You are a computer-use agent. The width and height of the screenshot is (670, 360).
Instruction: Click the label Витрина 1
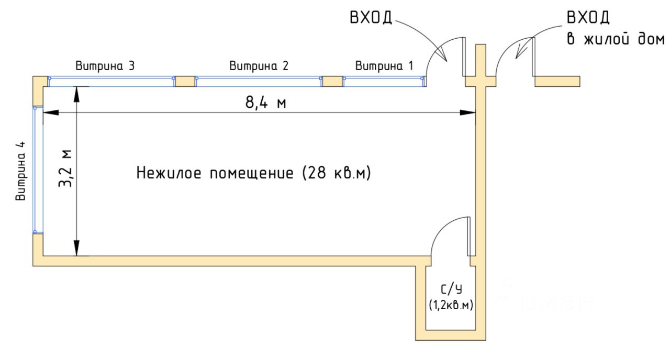pyautogui.click(x=384, y=66)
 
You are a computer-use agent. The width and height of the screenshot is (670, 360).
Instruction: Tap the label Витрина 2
pyautogui.click(x=259, y=66)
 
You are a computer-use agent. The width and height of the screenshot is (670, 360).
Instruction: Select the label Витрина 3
pyautogui.click(x=105, y=66)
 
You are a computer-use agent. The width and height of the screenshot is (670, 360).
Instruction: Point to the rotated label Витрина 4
pyautogui.click(x=20, y=171)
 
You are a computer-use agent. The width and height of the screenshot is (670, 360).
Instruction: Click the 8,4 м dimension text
pyautogui.click(x=265, y=103)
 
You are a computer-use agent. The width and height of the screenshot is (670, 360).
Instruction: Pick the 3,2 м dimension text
pyautogui.click(x=65, y=168)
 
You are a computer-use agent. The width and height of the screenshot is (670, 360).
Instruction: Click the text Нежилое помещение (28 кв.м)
pyautogui.click(x=254, y=173)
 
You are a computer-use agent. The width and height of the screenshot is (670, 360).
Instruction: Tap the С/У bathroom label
pyautogui.click(x=451, y=289)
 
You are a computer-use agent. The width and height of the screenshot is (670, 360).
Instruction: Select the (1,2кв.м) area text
pyautogui.click(x=451, y=305)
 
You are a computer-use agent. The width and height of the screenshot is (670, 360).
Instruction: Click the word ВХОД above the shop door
pyautogui.click(x=371, y=18)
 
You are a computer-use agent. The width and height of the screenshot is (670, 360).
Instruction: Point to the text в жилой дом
pyautogui.click(x=615, y=39)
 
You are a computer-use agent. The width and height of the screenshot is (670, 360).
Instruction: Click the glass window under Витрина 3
pyautogui.click(x=111, y=82)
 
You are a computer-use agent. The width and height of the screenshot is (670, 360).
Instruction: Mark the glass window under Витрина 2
pyautogui.click(x=259, y=82)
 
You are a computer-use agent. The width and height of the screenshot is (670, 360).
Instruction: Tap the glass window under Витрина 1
pyautogui.click(x=384, y=82)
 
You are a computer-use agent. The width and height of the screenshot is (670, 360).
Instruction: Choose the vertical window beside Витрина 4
pyautogui.click(x=38, y=170)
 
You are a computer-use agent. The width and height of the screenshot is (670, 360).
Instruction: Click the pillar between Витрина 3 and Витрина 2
pyautogui.click(x=185, y=82)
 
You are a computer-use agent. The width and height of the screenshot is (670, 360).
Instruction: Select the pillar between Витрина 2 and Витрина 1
pyautogui.click(x=332, y=82)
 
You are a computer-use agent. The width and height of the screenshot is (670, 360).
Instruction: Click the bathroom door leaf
pyautogui.click(x=469, y=236)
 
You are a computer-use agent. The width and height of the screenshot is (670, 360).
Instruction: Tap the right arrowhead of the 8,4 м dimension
pyautogui.click(x=468, y=113)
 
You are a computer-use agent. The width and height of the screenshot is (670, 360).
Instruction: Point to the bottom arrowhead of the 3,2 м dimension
pyautogui.click(x=77, y=248)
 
